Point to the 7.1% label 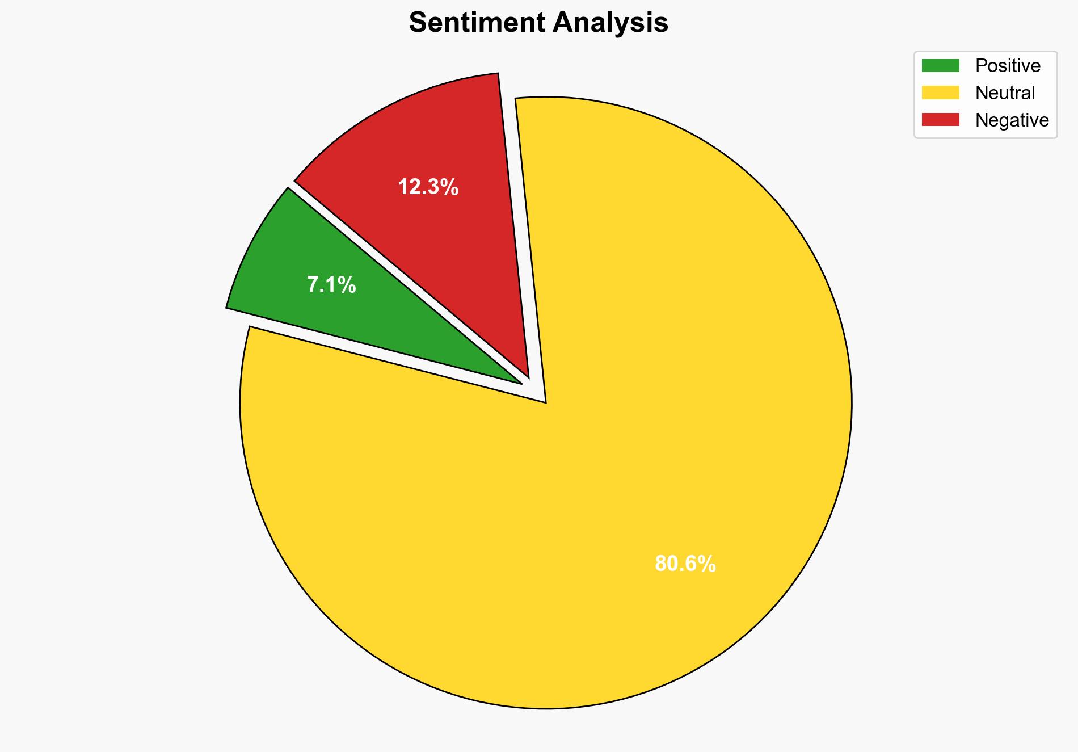[x=331, y=284]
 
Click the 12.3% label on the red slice [x=428, y=187]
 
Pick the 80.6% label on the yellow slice [x=685, y=564]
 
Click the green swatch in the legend [x=940, y=66]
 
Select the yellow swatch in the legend [x=940, y=93]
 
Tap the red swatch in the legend [x=940, y=120]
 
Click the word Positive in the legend [x=1008, y=66]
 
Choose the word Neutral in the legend [x=1005, y=93]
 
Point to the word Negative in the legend [x=1012, y=120]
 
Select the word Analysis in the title [x=610, y=23]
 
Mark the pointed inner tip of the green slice [x=520, y=383]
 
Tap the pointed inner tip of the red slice [x=528, y=376]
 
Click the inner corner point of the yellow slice [x=545, y=402]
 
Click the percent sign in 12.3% [x=450, y=187]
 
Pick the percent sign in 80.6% [x=707, y=564]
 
